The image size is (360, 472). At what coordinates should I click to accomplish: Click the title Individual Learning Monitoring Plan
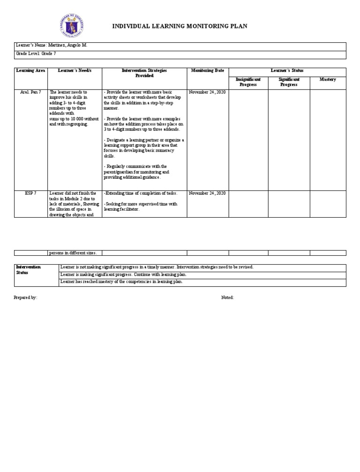pos(180,26)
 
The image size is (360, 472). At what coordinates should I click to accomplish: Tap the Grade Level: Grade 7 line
pos(36,54)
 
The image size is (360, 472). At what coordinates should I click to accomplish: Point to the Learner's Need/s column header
pos(75,70)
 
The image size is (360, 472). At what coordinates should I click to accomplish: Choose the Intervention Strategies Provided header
pos(144,73)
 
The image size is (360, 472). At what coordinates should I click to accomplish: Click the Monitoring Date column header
pos(208,70)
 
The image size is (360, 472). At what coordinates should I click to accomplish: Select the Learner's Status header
pos(287,70)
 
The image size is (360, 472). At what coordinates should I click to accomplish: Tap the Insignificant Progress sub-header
pos(248,82)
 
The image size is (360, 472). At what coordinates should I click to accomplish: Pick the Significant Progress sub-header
pos(289,82)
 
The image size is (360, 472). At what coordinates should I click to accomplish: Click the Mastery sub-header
pos(328,80)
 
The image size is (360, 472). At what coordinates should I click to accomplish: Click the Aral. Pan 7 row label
pos(31,92)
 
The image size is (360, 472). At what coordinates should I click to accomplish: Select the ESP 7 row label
pos(31,193)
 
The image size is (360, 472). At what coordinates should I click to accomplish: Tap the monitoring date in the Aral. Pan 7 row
pos(207,92)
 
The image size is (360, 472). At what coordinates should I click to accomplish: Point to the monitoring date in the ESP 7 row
pos(207,193)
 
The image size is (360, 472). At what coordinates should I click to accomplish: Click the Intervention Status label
pos(29,269)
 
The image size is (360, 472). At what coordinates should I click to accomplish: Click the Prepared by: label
pos(26,298)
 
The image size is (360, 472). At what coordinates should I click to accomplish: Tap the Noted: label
pos(227,298)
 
